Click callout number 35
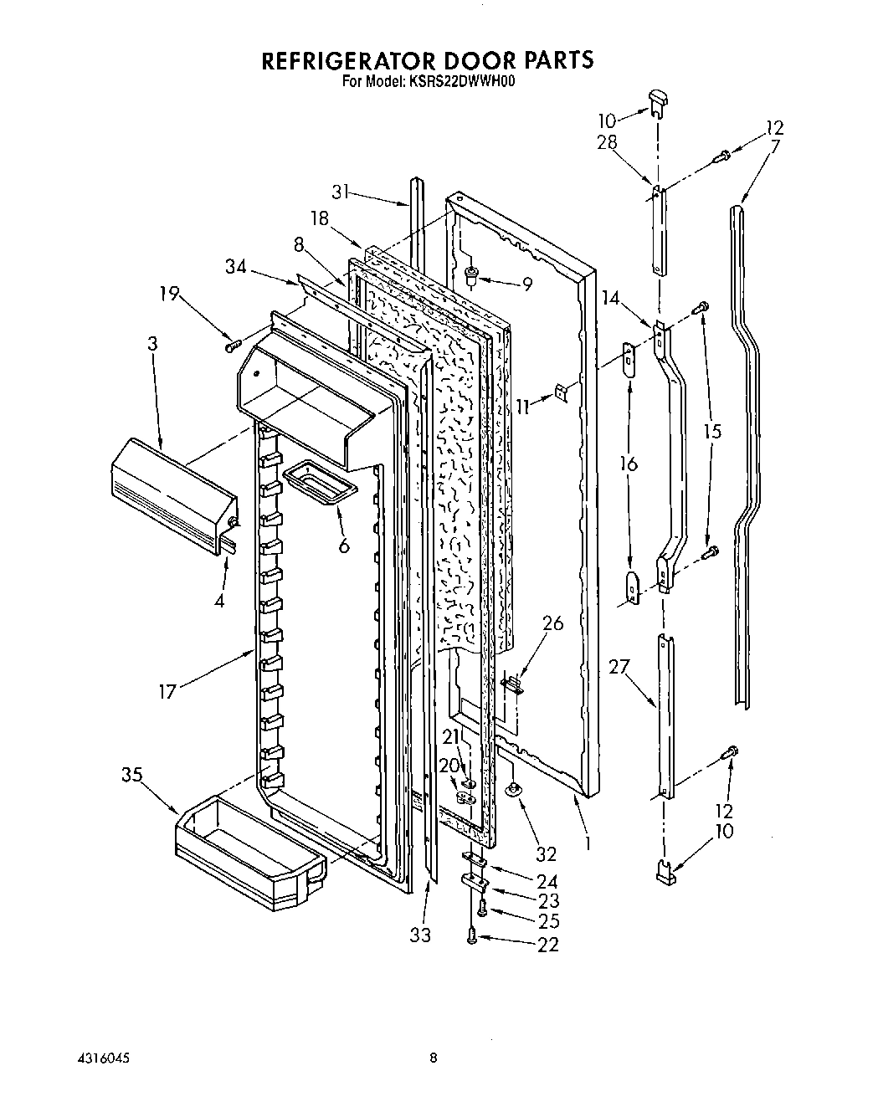132,774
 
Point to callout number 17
167,691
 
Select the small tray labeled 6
320,484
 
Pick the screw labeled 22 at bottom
474,939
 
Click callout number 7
775,147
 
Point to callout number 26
552,623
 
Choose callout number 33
420,935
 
